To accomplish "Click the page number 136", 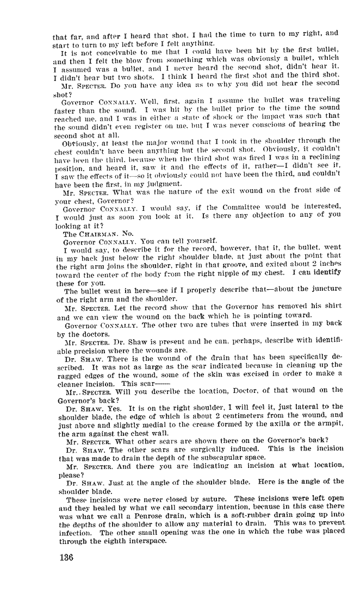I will (64, 558).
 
